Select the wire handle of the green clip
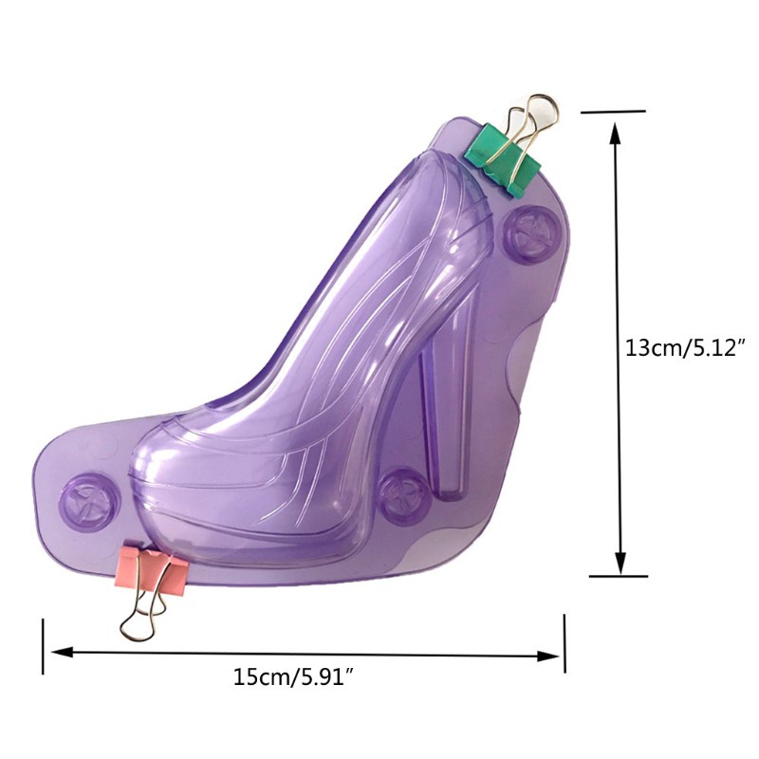point(531,127)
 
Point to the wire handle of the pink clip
point(140,610)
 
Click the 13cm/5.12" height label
point(684,347)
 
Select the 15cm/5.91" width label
point(295,676)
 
